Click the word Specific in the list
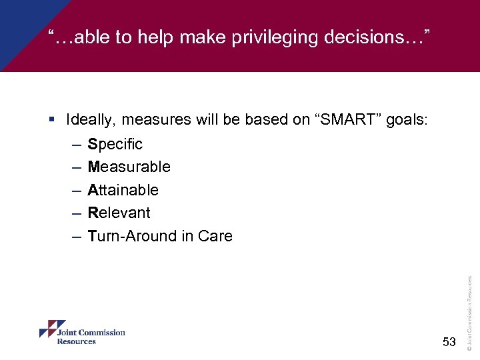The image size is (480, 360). click(115, 144)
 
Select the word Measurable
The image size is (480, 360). click(129, 167)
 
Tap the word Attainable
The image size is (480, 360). click(123, 190)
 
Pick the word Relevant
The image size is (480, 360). click(119, 213)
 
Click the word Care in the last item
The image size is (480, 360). click(215, 236)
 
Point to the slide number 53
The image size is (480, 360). click(449, 342)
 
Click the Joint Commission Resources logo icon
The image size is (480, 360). click(47, 330)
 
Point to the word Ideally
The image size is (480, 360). click(90, 120)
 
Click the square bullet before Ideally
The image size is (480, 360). click(53, 120)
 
